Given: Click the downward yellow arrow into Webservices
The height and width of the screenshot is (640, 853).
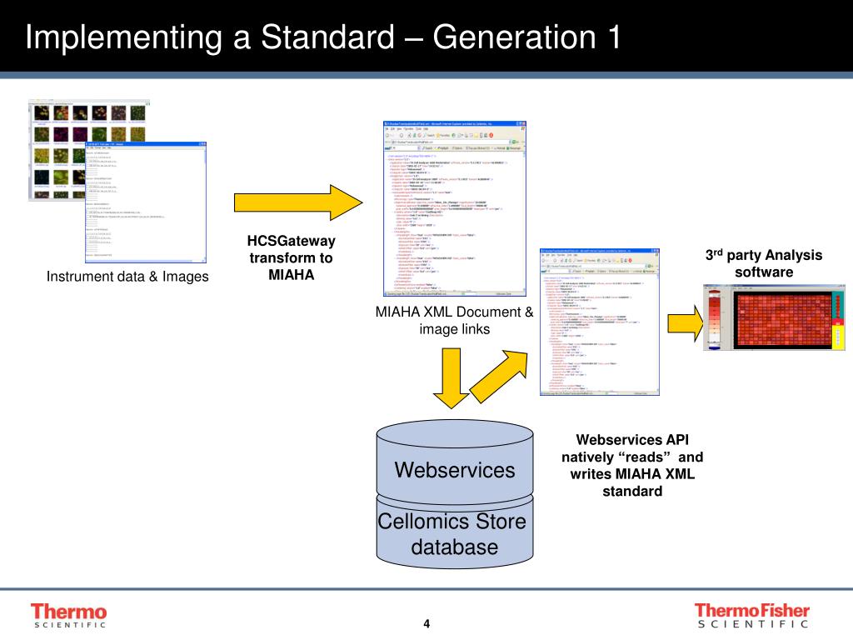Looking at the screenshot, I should click(451, 376).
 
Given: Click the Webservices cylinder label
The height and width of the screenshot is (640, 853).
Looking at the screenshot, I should click(454, 470).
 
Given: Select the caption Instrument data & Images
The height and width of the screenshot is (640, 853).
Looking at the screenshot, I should click(127, 277).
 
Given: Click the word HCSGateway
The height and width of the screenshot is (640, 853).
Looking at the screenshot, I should click(291, 242).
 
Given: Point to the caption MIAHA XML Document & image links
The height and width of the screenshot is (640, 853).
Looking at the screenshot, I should click(454, 321).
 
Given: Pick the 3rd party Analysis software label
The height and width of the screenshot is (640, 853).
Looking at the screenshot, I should click(763, 263).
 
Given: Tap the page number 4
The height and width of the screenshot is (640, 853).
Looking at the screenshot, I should click(426, 625).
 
